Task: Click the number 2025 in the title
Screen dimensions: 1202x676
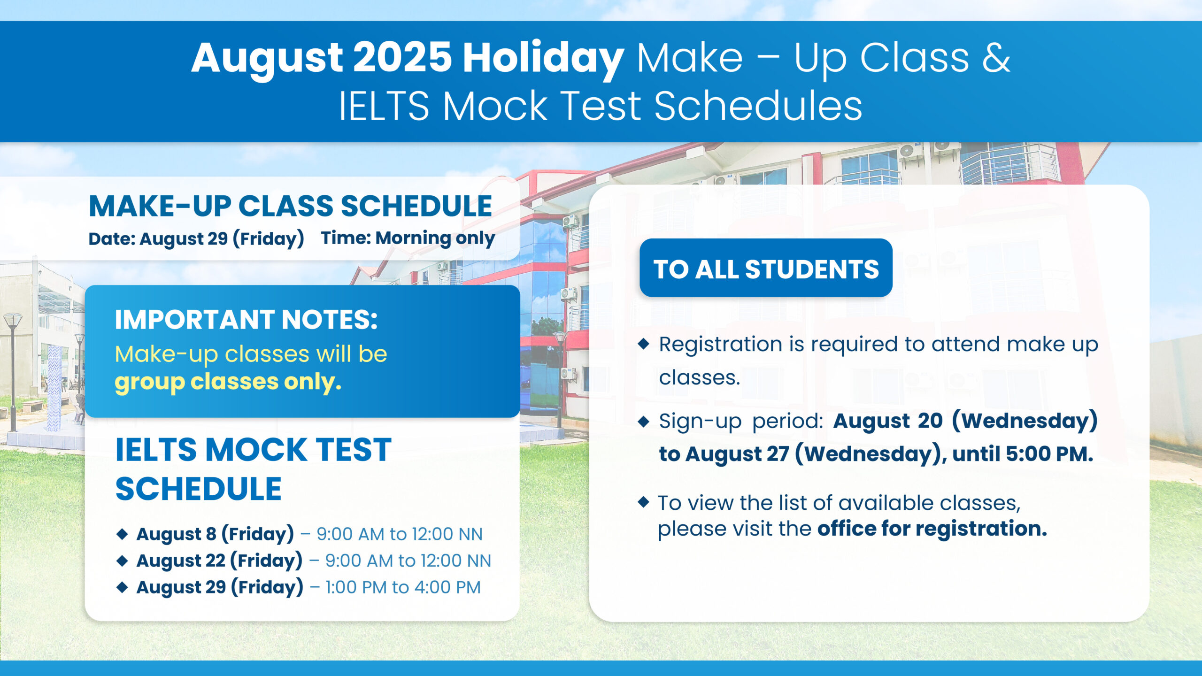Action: click(x=402, y=58)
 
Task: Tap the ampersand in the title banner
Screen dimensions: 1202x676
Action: click(x=995, y=58)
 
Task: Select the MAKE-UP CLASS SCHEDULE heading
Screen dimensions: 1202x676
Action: click(x=290, y=206)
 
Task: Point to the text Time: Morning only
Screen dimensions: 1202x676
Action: click(x=408, y=238)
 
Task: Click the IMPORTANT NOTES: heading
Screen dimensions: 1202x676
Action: click(x=246, y=320)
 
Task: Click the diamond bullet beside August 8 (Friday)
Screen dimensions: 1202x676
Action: click(x=122, y=534)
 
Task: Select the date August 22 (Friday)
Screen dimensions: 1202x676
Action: click(x=219, y=561)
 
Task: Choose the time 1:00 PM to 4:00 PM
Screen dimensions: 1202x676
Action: click(x=403, y=587)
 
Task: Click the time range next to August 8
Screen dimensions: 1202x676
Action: click(x=399, y=534)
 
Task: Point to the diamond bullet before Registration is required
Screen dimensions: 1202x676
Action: click(x=644, y=344)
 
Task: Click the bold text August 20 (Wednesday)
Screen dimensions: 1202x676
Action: click(x=965, y=421)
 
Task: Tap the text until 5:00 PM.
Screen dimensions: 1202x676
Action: click(x=1023, y=454)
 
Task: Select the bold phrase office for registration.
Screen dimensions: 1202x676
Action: click(x=932, y=529)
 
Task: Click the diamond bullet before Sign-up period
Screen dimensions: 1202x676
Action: click(x=644, y=421)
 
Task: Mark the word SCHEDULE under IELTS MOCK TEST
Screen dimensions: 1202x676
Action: click(x=198, y=489)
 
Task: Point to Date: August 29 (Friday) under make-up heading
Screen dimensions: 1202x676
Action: click(x=196, y=239)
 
